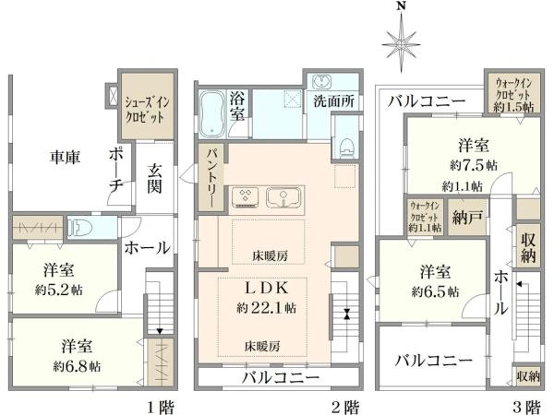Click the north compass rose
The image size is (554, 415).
coord(400,41)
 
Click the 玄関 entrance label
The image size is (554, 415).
coord(155,180)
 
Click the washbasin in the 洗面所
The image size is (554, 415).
coord(324,80)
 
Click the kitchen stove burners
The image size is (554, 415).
coord(247,196)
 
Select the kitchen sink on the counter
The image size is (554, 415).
coord(282,196)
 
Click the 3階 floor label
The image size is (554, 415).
coord(526,405)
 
